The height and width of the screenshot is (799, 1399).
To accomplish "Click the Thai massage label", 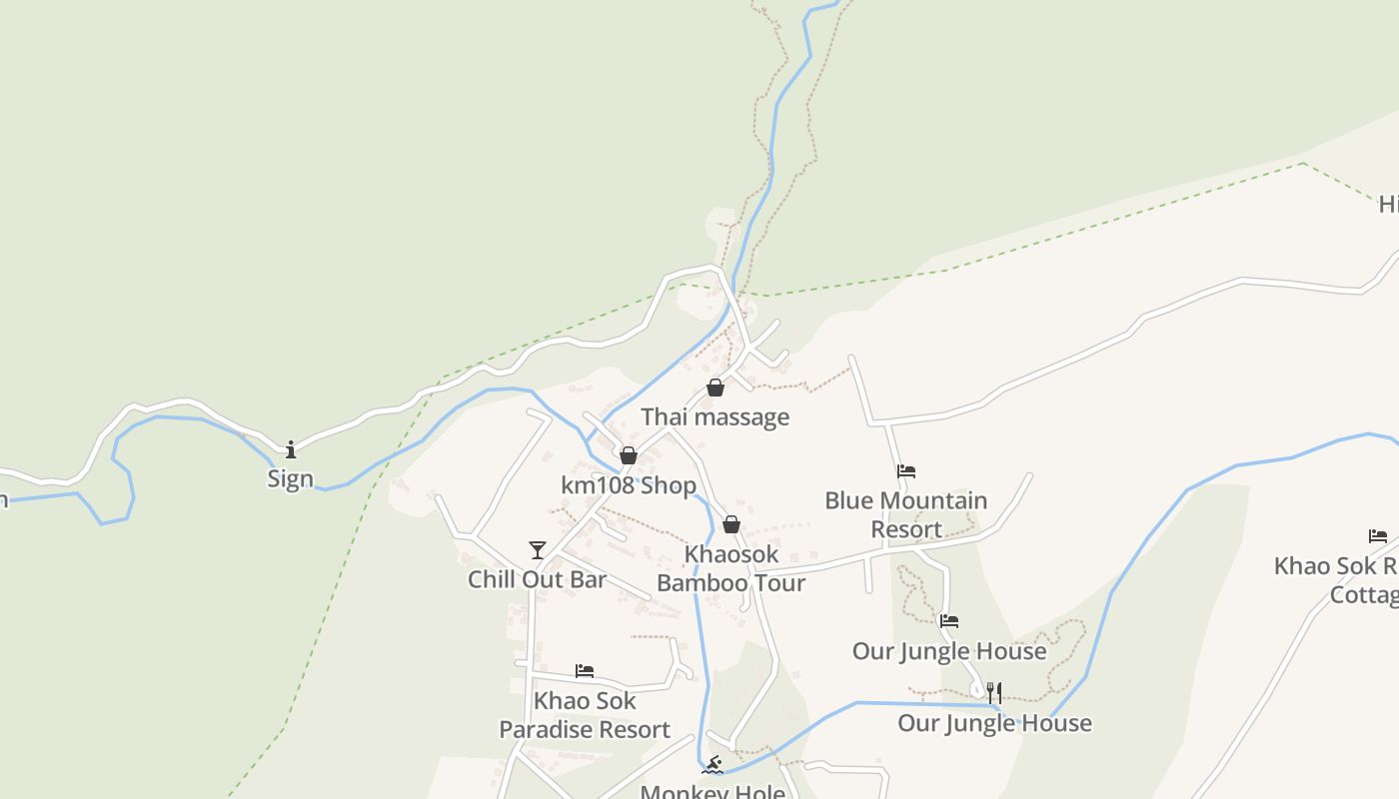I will [714, 416].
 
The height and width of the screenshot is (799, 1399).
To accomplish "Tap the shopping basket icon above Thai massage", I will [715, 388].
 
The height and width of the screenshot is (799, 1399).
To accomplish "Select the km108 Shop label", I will [628, 485].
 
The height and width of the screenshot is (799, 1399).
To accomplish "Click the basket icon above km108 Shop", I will [629, 455].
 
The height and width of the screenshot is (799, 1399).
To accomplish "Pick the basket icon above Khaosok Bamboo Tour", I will [731, 524].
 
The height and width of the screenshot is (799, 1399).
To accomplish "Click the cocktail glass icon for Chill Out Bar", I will [538, 550].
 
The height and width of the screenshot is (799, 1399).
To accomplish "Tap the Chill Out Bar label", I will [537, 579].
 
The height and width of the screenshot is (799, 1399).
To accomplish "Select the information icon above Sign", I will [291, 449].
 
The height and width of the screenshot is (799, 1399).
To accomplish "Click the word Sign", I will [291, 478].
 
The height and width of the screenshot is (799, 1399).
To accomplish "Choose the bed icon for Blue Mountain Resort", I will [906, 471].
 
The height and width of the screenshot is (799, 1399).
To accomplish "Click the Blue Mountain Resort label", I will [906, 514].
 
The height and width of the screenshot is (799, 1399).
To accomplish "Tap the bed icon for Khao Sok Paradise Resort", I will [585, 671].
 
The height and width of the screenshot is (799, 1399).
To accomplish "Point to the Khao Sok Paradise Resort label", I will [585, 715].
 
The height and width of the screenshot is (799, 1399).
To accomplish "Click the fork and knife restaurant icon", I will [994, 692].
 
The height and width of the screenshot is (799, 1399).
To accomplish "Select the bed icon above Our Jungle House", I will [949, 621].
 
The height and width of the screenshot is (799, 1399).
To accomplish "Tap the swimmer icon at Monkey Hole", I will [712, 766].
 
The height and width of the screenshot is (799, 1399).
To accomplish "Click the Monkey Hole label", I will [712, 792].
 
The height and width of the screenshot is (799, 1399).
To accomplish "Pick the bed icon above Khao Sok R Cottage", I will [1378, 536].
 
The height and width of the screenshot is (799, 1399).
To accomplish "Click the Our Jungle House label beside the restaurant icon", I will [994, 722].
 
